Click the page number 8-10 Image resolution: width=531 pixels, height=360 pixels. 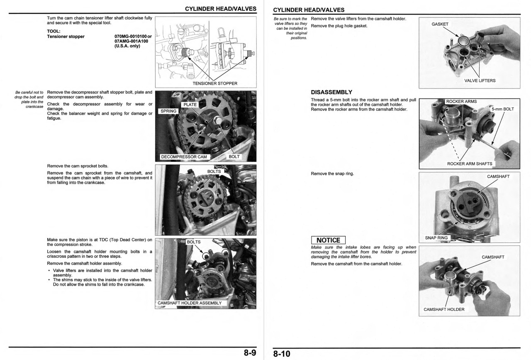(282, 354)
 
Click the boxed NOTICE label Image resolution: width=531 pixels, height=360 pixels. (328, 240)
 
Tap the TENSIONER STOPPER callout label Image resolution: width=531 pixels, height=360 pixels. (215, 83)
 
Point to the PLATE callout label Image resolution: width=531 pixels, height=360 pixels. (190, 105)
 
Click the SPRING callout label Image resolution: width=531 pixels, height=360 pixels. (168, 111)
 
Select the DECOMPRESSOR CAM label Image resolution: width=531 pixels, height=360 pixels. (184, 157)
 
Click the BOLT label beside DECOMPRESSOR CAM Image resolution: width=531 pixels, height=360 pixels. (234, 157)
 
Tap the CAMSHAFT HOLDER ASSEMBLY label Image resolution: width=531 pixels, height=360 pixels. (190, 303)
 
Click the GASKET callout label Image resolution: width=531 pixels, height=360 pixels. (440, 24)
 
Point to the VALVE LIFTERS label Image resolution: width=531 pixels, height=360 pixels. (480, 81)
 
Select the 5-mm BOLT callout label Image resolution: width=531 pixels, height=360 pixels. (502, 109)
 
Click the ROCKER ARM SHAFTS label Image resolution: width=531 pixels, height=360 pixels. (470, 164)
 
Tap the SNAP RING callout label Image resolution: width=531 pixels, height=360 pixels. (436, 238)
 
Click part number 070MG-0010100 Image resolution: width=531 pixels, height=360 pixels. (130, 37)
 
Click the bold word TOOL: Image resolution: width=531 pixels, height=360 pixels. (54, 31)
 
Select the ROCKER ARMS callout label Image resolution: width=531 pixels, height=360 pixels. (461, 102)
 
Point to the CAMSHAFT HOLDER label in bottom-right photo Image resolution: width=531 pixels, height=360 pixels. (444, 309)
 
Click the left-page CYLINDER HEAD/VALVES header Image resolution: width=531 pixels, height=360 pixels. (220, 9)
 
